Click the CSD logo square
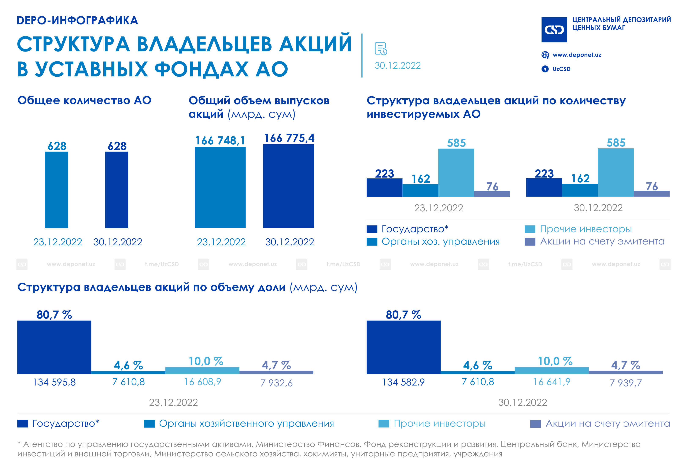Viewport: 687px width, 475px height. [554, 30]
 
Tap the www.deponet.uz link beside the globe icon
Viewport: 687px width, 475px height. [577, 55]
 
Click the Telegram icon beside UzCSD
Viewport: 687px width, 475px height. [545, 69]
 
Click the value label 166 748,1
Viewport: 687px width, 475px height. [220, 140]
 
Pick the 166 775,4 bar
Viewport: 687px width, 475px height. [288, 186]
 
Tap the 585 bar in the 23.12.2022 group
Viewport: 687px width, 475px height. [456, 173]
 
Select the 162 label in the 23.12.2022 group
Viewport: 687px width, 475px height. [421, 179]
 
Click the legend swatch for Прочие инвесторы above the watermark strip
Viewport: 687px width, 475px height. [530, 229]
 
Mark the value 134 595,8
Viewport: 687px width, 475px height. [54, 382]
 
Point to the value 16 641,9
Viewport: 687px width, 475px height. [552, 382]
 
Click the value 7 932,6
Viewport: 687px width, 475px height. [277, 383]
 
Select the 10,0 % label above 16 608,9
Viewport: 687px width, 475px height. [206, 361]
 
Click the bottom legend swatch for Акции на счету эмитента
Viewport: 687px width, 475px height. [536, 424]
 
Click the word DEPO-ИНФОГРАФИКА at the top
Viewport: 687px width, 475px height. [77, 20]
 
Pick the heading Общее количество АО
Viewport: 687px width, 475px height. [84, 101]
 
